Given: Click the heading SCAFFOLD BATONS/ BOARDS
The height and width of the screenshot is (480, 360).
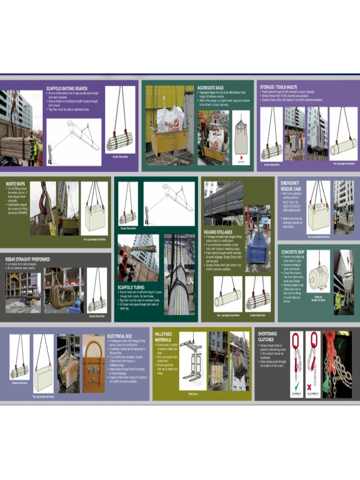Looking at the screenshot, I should point(67,88).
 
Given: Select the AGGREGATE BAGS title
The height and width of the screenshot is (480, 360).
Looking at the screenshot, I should point(210,88).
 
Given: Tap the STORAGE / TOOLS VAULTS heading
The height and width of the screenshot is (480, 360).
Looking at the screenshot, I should point(278,87).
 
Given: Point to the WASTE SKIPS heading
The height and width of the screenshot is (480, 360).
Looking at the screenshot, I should point(15,184).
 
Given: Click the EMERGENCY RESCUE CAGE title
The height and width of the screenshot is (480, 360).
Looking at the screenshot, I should point(291,186).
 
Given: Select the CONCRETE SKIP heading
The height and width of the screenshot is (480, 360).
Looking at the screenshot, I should point(292,252).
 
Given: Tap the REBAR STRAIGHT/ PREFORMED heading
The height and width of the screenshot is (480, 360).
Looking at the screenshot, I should point(27,259).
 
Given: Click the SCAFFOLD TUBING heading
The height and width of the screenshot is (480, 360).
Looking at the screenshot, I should point(131,287).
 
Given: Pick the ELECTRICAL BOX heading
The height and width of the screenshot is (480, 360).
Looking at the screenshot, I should point(120,336).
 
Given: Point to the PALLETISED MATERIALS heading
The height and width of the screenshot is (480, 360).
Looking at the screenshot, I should point(163,337).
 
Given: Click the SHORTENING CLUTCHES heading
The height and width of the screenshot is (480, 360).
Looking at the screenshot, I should point(267,336).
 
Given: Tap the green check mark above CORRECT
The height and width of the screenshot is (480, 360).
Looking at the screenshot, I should point(296,386).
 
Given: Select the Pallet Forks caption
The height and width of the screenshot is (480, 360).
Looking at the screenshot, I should point(193,394).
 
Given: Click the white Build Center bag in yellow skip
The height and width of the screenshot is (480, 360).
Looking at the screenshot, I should point(170,119).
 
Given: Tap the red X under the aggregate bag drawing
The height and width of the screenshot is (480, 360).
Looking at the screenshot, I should point(241,157).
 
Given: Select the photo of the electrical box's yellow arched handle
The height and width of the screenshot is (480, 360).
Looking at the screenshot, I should point(93,364).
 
